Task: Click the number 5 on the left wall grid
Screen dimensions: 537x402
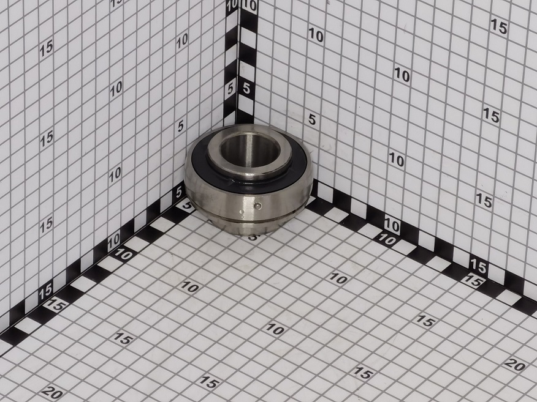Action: coord(180,126)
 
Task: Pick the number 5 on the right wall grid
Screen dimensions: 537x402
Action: coord(311,119)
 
